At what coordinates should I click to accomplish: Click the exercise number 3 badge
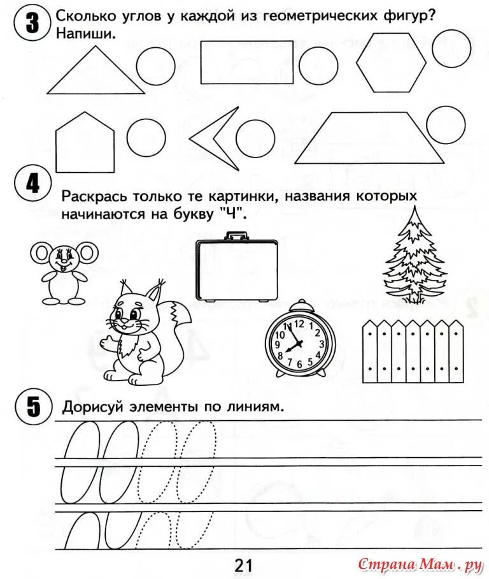click(25, 25)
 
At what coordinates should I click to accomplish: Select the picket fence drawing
click(412, 351)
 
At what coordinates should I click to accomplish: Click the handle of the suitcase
click(236, 237)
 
